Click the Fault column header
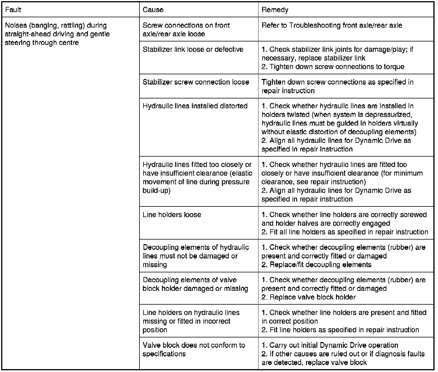[13, 10]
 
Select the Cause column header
[153, 10]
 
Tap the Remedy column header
[275, 10]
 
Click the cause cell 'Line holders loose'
[172, 215]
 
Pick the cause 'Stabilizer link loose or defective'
[193, 49]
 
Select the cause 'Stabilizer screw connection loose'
[196, 82]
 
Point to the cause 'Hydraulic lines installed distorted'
[195, 106]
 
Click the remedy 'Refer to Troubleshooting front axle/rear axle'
[332, 25]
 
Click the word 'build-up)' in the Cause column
[156, 191]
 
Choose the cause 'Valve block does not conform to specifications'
[194, 350]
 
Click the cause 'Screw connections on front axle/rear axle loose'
[186, 29]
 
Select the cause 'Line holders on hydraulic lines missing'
[191, 317]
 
